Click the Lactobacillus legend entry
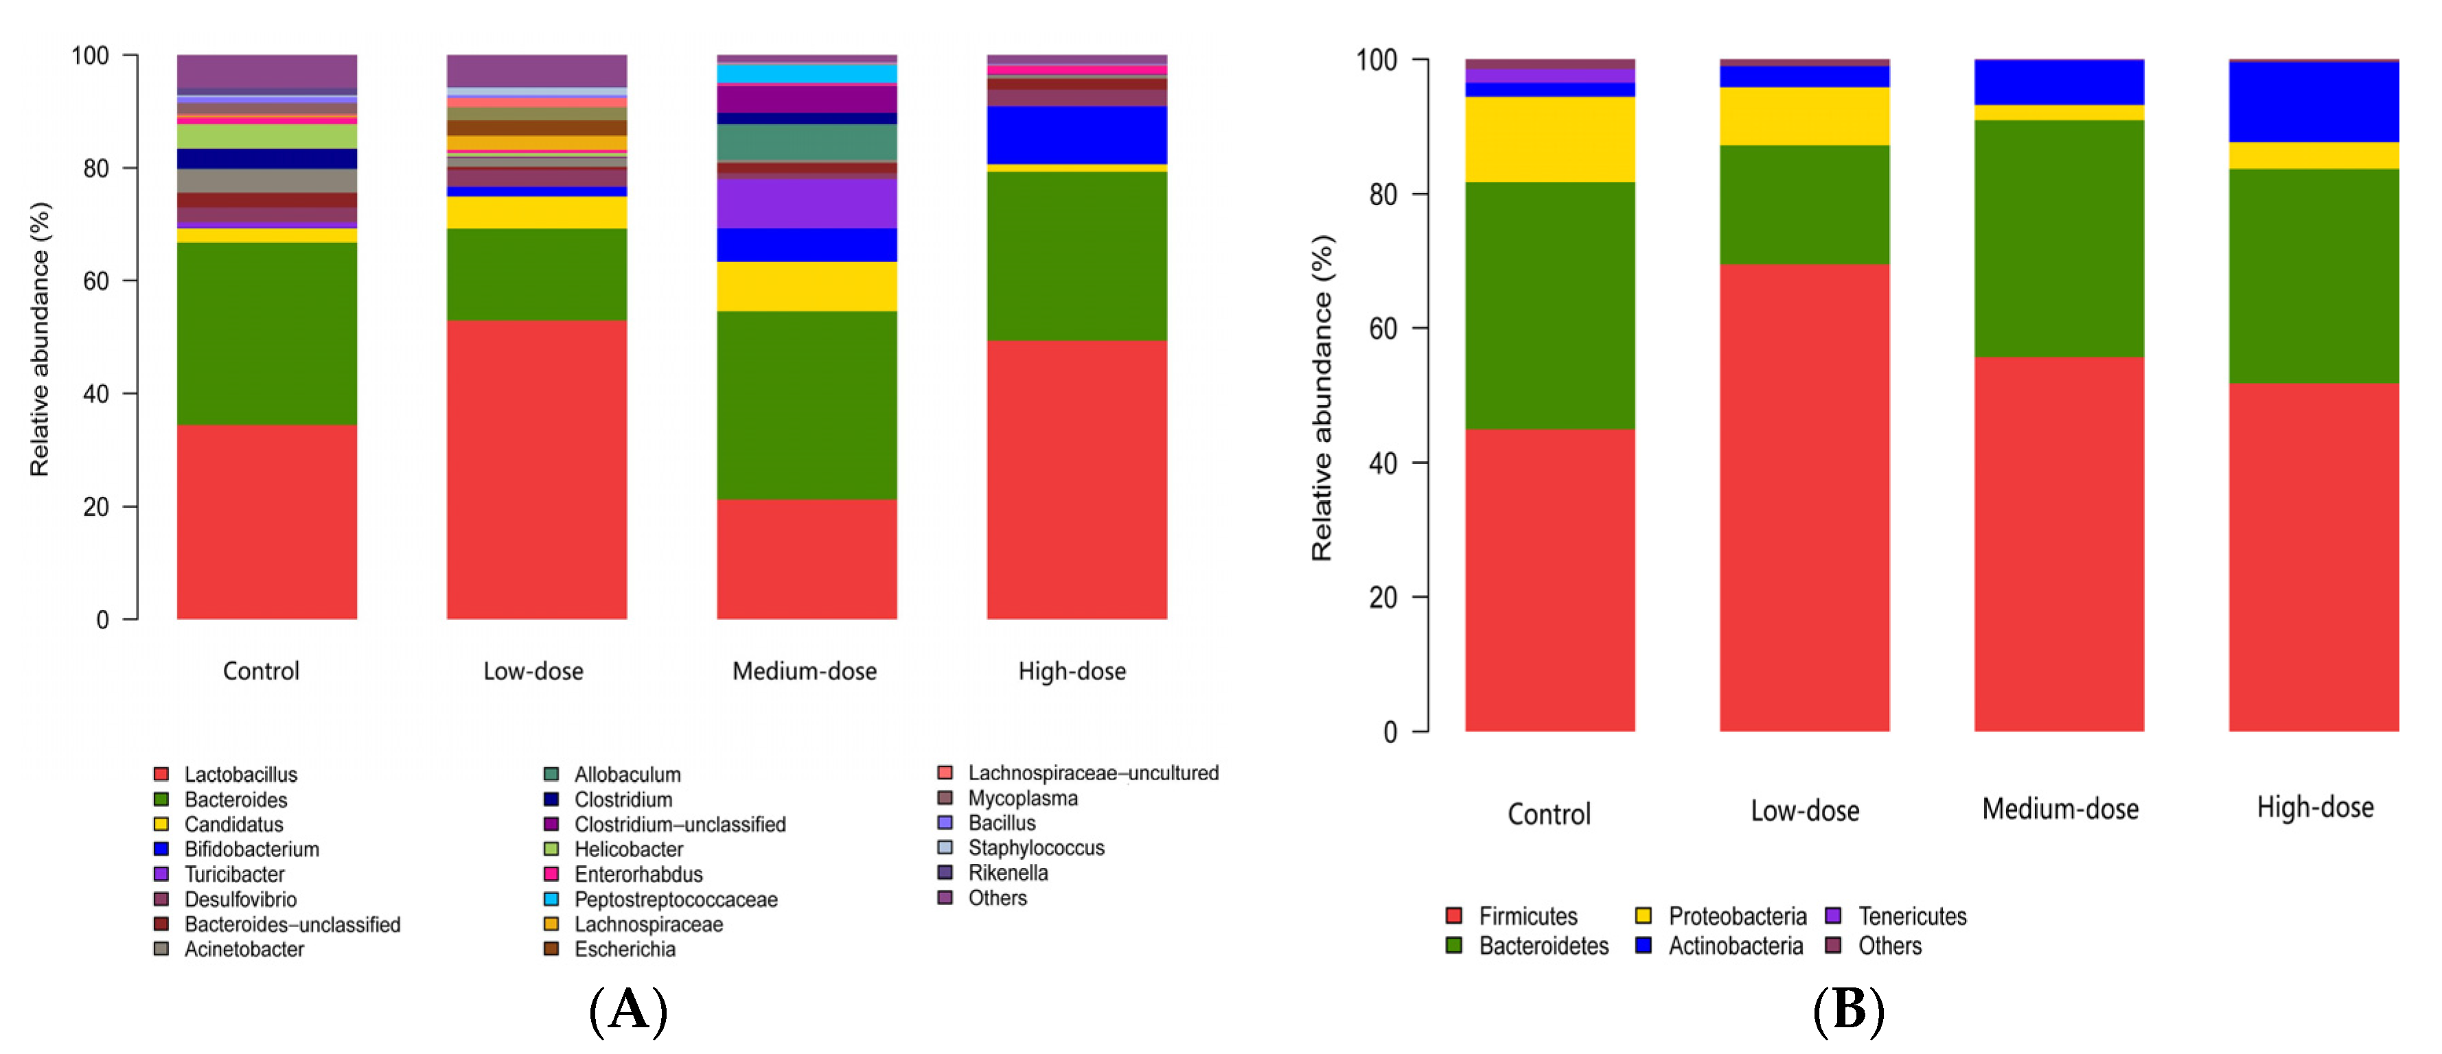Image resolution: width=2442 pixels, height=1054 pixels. click(226, 775)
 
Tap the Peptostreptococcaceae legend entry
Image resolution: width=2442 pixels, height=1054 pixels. click(660, 898)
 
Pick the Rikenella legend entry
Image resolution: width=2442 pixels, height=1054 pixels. click(993, 872)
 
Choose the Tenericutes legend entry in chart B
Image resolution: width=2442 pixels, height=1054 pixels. click(1896, 915)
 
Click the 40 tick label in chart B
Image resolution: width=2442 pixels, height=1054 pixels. click(1383, 463)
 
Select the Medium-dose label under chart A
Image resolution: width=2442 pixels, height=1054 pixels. click(805, 671)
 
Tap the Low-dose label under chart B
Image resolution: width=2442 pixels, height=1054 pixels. click(1805, 810)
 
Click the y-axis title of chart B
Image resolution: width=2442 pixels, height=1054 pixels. click(1322, 398)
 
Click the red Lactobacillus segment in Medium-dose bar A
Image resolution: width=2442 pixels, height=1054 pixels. click(807, 559)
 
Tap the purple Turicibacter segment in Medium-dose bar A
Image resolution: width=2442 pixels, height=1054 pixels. click(807, 204)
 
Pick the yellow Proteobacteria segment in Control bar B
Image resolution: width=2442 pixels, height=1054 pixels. click(1550, 139)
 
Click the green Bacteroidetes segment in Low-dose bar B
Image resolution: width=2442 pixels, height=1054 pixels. click(1805, 204)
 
